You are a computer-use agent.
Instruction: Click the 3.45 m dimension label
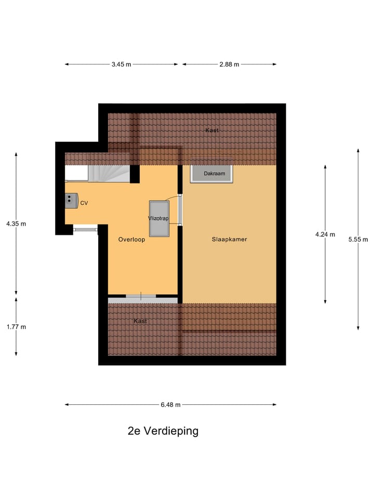(x=121, y=64)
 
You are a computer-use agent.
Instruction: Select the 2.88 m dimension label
(x=229, y=64)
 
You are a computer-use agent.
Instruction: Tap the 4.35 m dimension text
(x=16, y=224)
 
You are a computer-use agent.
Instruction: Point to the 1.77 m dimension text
(x=16, y=327)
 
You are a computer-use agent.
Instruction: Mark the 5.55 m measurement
(x=358, y=240)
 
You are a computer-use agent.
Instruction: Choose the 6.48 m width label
(x=170, y=405)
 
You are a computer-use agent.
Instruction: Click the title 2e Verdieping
(x=163, y=431)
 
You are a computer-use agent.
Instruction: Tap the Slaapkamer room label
(x=229, y=240)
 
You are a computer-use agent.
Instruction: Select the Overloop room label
(x=131, y=240)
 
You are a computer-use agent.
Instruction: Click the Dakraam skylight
(x=212, y=174)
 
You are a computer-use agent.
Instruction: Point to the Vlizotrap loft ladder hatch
(x=158, y=218)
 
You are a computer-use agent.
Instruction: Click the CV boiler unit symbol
(x=71, y=200)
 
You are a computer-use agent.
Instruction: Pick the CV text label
(x=84, y=203)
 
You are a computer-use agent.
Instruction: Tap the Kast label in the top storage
(x=211, y=130)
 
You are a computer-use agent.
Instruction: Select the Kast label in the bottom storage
(x=140, y=321)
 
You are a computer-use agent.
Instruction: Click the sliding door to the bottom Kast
(x=141, y=296)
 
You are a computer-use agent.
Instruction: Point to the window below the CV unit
(x=85, y=228)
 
